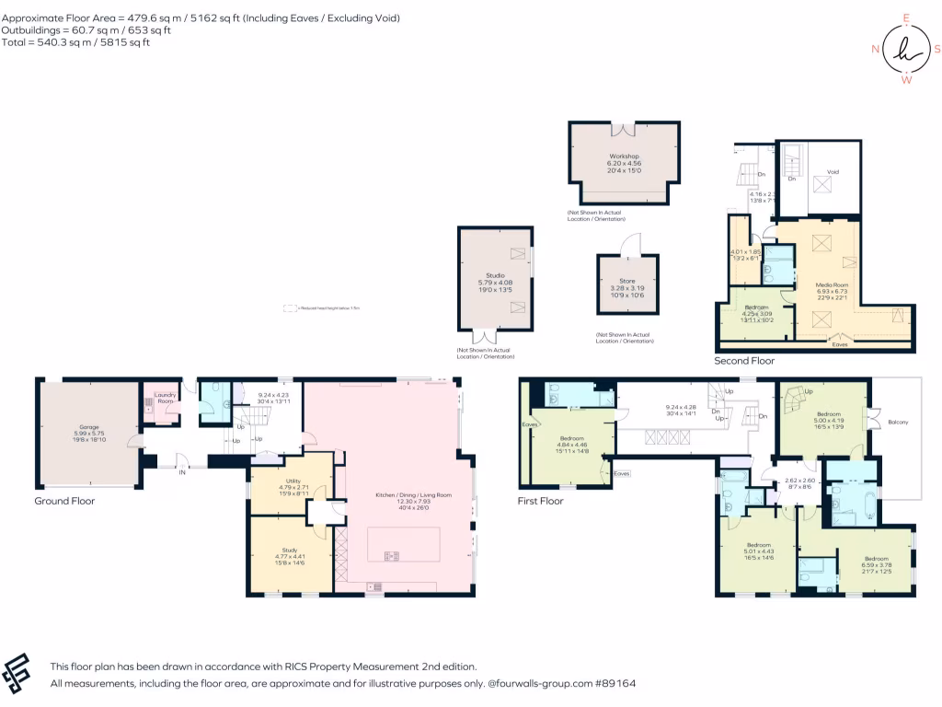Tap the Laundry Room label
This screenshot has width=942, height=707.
click(165, 399)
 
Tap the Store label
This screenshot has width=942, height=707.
click(629, 281)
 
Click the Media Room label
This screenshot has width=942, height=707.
click(832, 285)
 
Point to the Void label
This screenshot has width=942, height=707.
click(833, 172)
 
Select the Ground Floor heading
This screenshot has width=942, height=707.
click(64, 501)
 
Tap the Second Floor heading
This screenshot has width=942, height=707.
click(744, 361)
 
